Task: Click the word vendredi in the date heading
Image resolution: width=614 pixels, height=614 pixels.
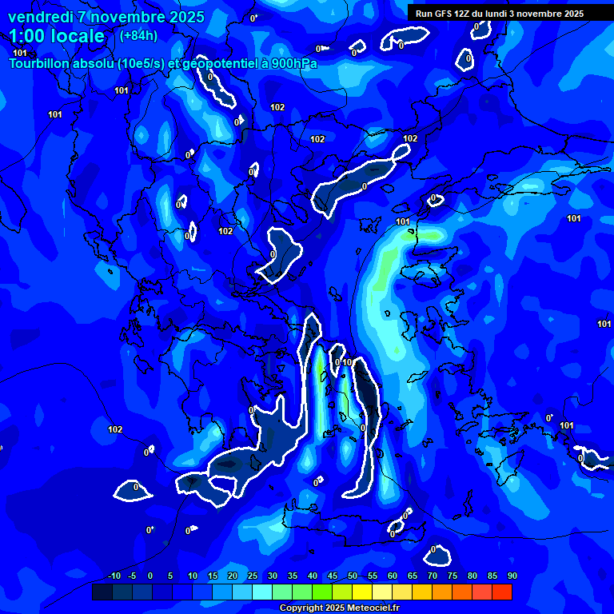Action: pyautogui.click(x=40, y=17)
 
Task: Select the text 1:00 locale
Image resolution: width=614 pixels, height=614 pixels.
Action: pyautogui.click(x=57, y=36)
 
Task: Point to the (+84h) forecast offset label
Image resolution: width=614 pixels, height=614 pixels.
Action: pyautogui.click(x=138, y=35)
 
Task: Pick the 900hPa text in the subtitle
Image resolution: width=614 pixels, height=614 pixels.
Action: pyautogui.click(x=292, y=63)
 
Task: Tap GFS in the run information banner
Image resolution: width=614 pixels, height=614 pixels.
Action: pyautogui.click(x=442, y=14)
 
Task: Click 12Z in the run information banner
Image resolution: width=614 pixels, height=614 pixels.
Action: pyautogui.click(x=463, y=14)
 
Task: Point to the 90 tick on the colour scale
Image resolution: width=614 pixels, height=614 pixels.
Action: pyautogui.click(x=512, y=576)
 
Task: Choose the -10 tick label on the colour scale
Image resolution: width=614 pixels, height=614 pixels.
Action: pyautogui.click(x=114, y=576)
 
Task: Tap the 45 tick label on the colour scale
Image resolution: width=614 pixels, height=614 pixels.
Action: pyautogui.click(x=333, y=576)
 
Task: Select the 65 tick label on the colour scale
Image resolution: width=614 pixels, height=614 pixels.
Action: pyautogui.click(x=413, y=576)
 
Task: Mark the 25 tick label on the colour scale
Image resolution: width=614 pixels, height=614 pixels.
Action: pyautogui.click(x=253, y=576)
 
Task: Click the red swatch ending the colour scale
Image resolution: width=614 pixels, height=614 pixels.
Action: pyautogui.click(x=502, y=592)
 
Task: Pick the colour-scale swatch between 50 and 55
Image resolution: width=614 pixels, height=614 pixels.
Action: pyautogui.click(x=362, y=592)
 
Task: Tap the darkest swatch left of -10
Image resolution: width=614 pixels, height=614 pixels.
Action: pyautogui.click(x=102, y=592)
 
